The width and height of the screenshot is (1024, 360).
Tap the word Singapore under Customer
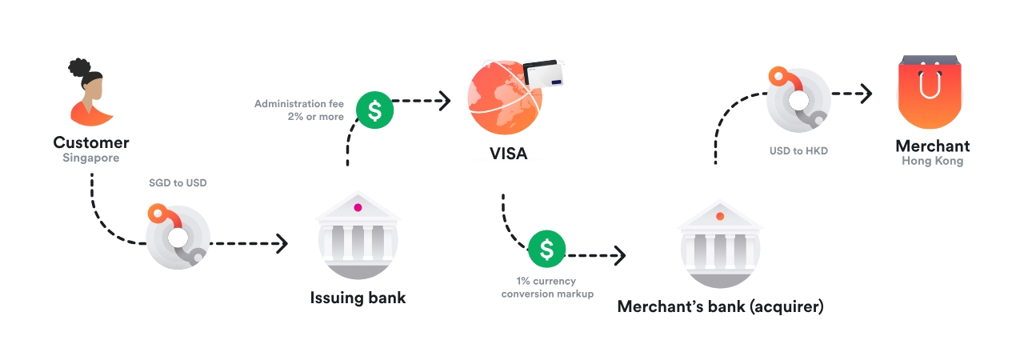click(91, 158)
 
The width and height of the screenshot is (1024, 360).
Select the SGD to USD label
click(178, 183)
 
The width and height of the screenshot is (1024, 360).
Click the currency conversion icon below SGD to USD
click(178, 237)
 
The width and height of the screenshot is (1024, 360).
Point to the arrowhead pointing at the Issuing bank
click(282, 243)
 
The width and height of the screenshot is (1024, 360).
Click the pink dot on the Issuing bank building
click(358, 208)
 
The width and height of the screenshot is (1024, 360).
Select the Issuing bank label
click(358, 298)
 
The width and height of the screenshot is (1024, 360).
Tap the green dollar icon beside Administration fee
click(374, 110)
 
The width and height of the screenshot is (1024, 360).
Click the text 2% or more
click(318, 117)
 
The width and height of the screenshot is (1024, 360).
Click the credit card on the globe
click(546, 77)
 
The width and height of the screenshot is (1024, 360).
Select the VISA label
click(508, 154)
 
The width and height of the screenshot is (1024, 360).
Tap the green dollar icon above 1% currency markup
click(546, 250)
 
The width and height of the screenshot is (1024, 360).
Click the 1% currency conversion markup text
click(547, 287)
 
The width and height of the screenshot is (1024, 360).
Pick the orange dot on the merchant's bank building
click(720, 216)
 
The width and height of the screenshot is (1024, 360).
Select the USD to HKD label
click(798, 150)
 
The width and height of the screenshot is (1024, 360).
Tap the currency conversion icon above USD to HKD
click(798, 99)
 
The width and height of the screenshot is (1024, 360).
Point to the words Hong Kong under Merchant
click(932, 161)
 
